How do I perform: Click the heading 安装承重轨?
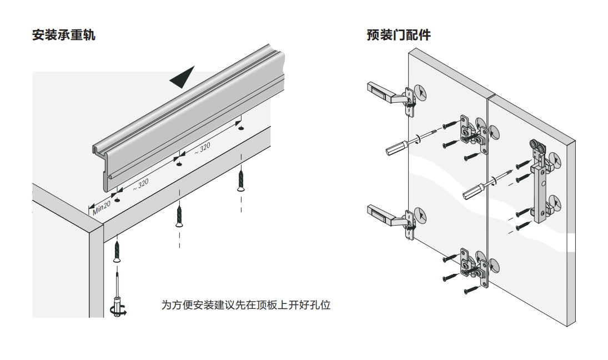point(64,35)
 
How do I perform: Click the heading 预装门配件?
point(399,35)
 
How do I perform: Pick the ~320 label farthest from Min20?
point(202,148)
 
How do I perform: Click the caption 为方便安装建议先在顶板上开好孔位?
point(245,305)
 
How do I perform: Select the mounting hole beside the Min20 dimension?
point(117,199)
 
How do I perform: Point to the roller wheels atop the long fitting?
point(537,148)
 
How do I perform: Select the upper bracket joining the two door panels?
point(474,133)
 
